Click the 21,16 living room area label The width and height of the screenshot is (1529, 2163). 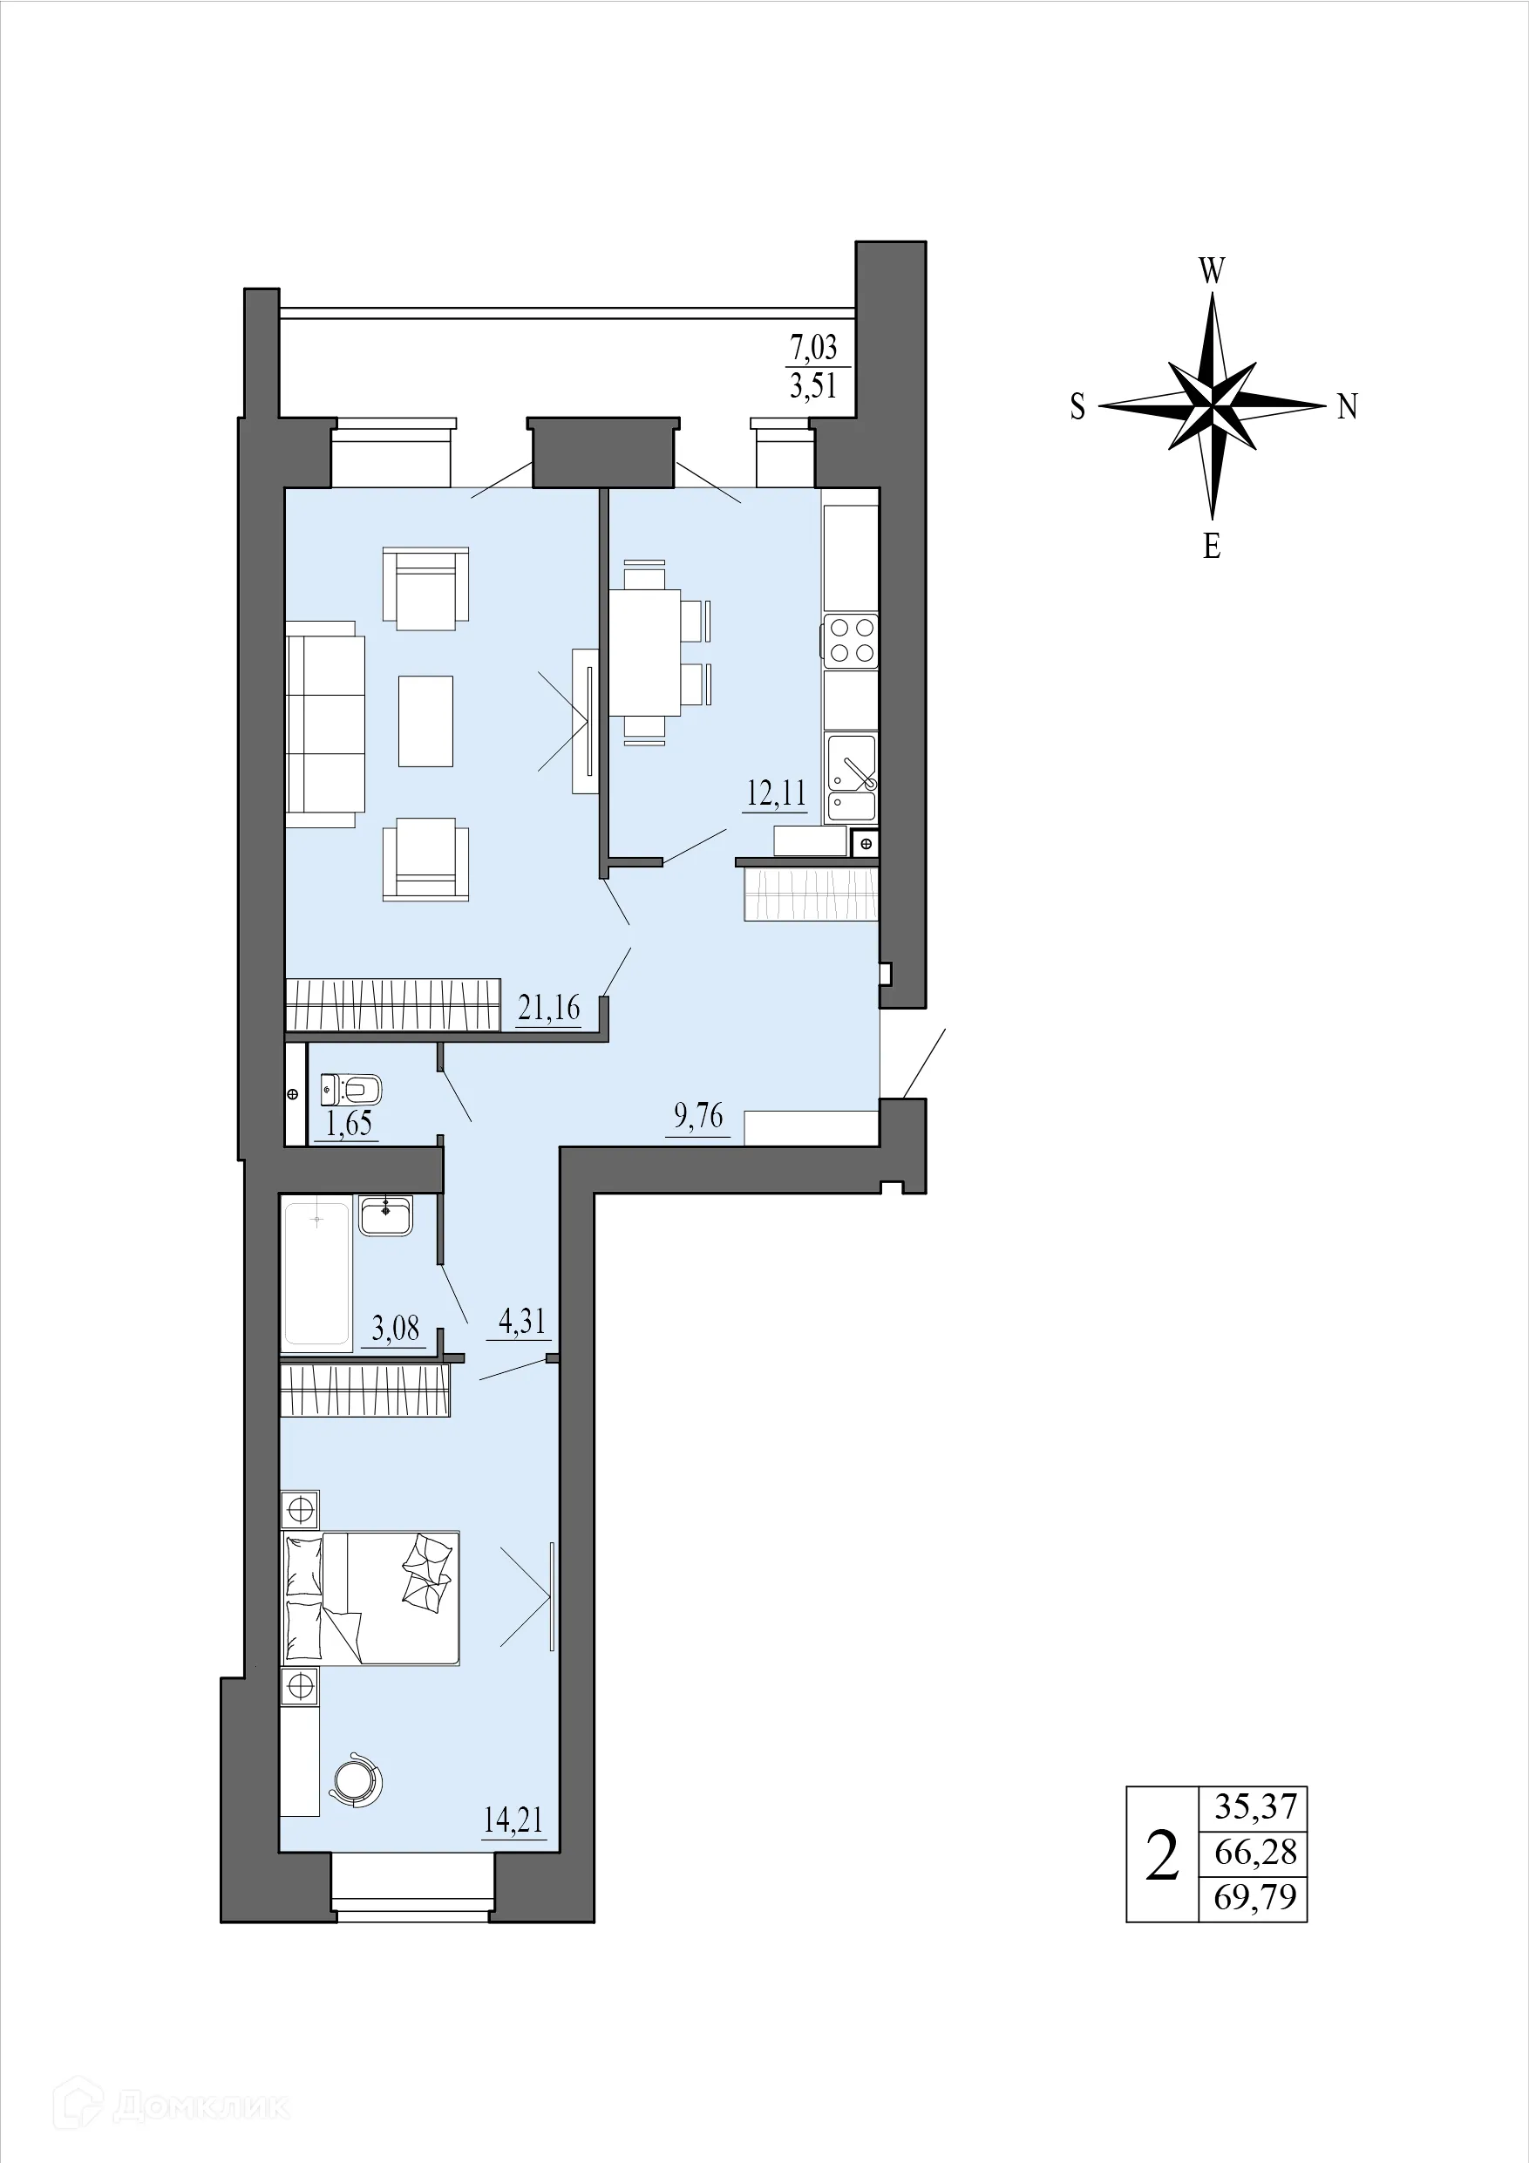point(549,1008)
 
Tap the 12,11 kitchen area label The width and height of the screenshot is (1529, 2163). point(777,793)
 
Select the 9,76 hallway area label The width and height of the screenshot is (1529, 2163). point(698,1116)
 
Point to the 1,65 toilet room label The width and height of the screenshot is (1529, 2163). point(349,1123)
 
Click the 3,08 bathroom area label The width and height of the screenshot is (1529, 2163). point(395,1330)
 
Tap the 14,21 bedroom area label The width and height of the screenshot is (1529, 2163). point(513,1820)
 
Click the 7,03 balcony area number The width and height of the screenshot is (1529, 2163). point(813,348)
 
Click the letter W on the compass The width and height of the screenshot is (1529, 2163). point(1212,272)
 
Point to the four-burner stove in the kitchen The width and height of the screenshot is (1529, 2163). point(851,641)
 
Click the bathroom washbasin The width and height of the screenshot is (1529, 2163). point(385,1214)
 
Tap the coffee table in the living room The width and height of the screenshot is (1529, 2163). point(425,721)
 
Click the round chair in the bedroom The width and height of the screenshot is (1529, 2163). point(358,1779)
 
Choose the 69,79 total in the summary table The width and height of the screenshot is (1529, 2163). point(1255,1897)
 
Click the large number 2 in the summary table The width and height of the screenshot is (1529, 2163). point(1162,1855)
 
